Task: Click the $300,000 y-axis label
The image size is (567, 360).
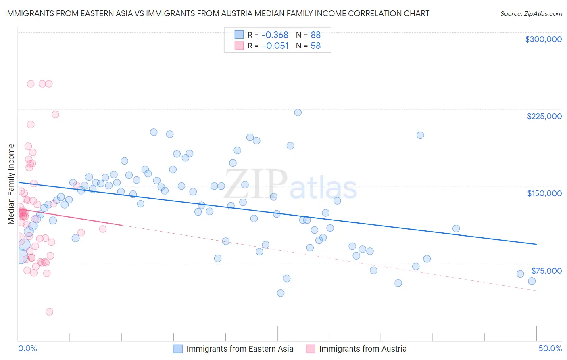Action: coord(543,39)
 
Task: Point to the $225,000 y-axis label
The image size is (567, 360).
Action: coord(544,116)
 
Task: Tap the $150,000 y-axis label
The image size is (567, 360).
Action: coord(544,193)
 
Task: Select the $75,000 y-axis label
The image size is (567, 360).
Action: coord(546,270)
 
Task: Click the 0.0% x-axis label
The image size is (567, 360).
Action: coord(27,348)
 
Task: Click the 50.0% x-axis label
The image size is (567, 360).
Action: coord(550,348)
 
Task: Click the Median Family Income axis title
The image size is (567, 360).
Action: coord(11,184)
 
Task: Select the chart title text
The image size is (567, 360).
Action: coord(217,13)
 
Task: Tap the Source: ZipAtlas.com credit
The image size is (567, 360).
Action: coord(531,13)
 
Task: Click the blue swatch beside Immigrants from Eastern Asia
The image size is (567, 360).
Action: coord(178,349)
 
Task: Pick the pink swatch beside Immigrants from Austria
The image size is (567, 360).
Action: coord(311,349)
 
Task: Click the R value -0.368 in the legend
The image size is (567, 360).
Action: coord(275,35)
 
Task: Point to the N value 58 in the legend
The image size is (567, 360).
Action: coord(315,46)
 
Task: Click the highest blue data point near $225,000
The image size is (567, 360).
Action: coord(298,113)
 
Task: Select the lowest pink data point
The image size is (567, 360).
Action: coord(49,312)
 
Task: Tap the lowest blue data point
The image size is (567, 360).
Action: coord(281,293)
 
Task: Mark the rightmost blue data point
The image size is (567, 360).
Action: coord(532,281)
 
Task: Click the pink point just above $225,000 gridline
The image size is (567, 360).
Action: coord(55,115)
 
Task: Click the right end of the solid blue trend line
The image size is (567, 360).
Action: coord(536,244)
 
